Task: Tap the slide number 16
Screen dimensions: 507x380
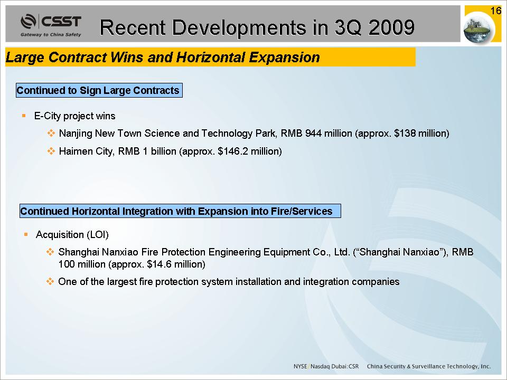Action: tap(495, 11)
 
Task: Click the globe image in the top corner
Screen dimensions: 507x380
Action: tap(479, 29)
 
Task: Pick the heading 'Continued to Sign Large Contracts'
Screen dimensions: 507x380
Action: tap(99, 90)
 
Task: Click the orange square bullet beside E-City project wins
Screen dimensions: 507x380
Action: tap(24, 116)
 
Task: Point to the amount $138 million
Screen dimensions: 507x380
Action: tap(420, 134)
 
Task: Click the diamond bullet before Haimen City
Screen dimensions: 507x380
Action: tap(51, 151)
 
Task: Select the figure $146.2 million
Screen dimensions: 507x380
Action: tap(248, 151)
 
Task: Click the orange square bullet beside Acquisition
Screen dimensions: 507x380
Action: tap(26, 234)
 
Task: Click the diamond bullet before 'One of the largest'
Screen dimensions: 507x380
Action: tap(50, 281)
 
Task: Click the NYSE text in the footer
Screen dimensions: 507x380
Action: tap(300, 366)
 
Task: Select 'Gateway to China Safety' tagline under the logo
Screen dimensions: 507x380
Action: tap(51, 35)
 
